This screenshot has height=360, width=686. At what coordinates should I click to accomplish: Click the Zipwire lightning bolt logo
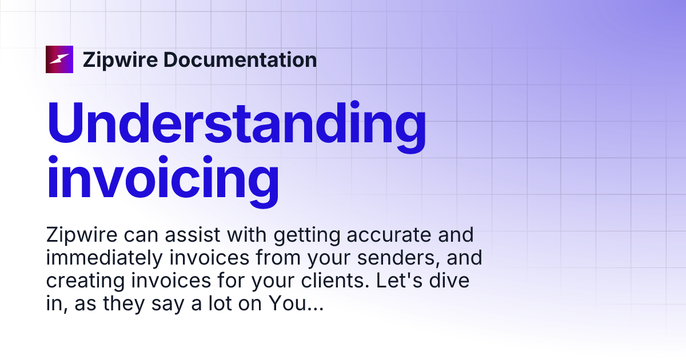pyautogui.click(x=59, y=59)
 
